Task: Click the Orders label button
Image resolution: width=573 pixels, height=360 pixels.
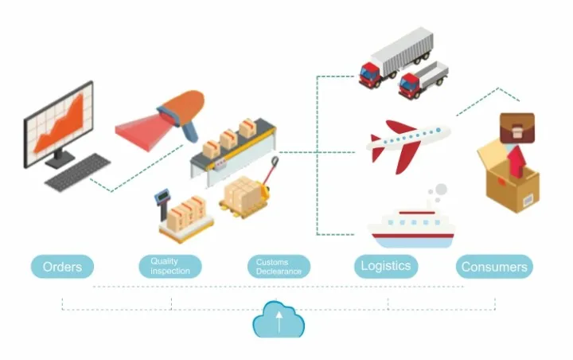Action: [62, 266]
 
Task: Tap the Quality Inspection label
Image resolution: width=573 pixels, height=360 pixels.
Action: [170, 266]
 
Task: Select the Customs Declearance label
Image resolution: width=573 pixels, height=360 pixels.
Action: [279, 266]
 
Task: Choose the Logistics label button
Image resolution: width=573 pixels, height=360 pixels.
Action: [386, 266]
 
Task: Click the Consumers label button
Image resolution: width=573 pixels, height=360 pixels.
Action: [494, 267]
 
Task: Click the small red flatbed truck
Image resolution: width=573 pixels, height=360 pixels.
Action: [423, 79]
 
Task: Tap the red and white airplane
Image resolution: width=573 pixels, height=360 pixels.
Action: [406, 144]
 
